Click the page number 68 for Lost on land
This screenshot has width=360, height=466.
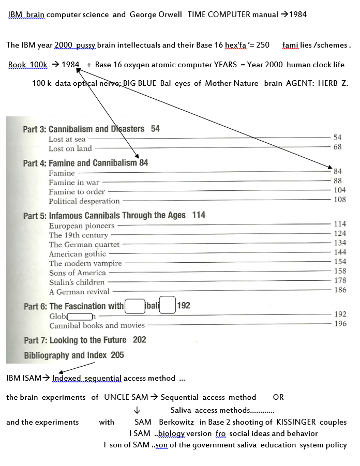[337, 147]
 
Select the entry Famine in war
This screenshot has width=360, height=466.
[74, 182]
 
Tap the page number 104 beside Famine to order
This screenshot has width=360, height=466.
[339, 190]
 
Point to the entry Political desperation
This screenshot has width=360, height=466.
[84, 201]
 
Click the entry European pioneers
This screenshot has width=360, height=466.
[82, 226]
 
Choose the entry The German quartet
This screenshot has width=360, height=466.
[84, 244]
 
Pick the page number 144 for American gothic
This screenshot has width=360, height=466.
[339, 252]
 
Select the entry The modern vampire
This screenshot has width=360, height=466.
[85, 263]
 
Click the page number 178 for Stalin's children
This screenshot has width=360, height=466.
[339, 281]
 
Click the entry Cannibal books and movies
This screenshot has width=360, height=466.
[97, 325]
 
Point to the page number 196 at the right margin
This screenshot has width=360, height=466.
[340, 324]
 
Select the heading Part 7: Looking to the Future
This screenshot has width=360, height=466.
[75, 340]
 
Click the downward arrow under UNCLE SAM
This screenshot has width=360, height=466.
[137, 410]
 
